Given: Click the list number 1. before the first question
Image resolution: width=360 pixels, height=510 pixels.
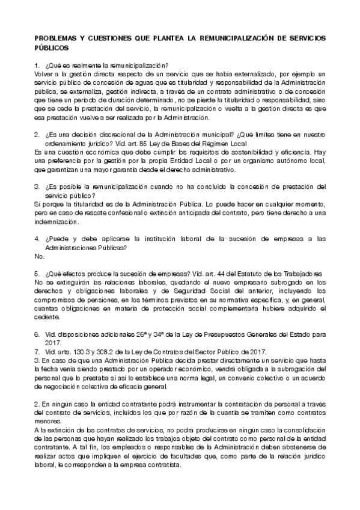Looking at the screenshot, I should pyautogui.click(x=37, y=64).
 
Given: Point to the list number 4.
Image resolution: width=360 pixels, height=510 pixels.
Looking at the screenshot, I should pyautogui.click(x=37, y=239).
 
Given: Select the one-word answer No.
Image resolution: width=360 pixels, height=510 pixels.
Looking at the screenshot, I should pyautogui.click(x=40, y=256).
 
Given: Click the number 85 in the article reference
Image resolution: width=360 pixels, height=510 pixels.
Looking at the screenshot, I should pyautogui.click(x=143, y=144).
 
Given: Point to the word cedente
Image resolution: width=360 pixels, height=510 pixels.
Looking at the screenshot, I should pyautogui.click(x=48, y=317).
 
